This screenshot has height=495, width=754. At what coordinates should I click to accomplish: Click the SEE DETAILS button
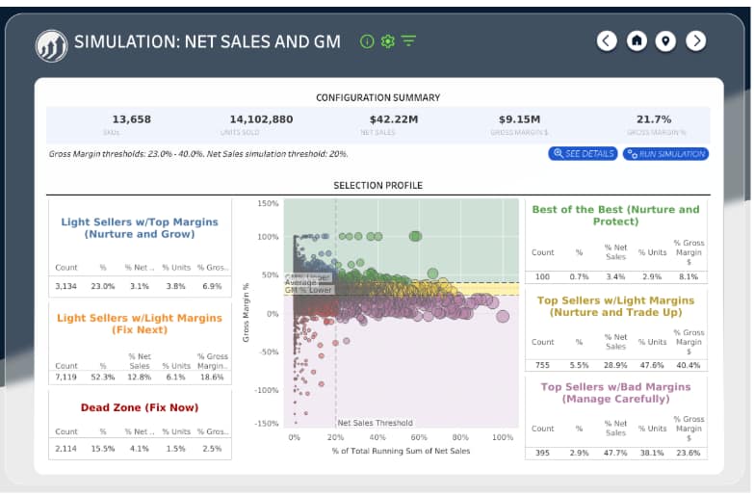click(583, 154)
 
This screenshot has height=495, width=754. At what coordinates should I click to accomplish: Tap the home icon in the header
click(637, 40)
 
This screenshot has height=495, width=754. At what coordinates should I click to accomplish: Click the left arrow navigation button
click(606, 40)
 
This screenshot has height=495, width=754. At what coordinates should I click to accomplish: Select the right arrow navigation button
click(696, 40)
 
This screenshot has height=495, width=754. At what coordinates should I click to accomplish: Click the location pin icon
click(666, 40)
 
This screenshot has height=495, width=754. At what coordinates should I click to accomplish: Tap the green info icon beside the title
click(366, 41)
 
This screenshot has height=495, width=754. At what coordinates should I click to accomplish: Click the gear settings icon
click(388, 41)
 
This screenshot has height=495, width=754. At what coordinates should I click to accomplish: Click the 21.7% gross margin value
click(654, 119)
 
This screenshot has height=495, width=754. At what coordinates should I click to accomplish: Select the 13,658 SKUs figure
click(131, 119)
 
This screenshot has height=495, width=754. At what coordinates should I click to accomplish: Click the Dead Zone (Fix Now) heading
click(140, 407)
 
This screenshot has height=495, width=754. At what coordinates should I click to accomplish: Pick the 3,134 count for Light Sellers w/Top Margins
click(66, 286)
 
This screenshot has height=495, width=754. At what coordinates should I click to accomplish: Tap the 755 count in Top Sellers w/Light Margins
click(543, 366)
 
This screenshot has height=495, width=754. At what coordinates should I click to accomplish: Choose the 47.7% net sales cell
click(616, 453)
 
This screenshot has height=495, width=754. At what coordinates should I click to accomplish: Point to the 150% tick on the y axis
click(268, 204)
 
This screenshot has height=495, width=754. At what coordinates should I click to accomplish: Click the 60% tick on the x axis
click(419, 437)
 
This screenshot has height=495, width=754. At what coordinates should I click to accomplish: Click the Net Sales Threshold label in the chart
click(375, 423)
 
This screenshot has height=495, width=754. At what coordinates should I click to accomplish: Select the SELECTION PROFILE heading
click(377, 185)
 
